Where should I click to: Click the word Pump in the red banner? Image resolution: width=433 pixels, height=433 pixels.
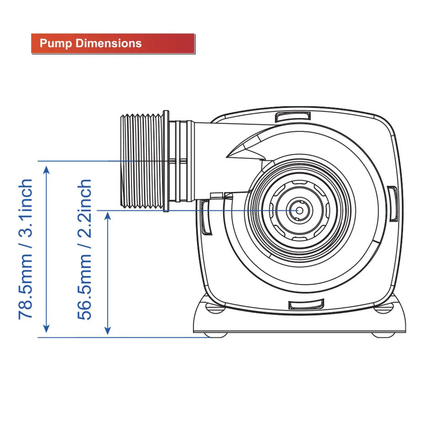56,44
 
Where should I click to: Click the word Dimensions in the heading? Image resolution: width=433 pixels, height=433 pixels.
109,44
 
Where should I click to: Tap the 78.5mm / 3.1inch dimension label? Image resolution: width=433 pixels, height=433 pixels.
25,249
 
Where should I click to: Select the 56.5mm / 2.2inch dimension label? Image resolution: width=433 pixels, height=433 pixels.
84,249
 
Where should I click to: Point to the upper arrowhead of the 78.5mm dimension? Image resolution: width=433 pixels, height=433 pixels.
46,170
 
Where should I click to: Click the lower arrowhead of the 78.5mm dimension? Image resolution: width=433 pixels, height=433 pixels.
46,329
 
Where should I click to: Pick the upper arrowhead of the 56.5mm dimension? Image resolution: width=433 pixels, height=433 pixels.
108,216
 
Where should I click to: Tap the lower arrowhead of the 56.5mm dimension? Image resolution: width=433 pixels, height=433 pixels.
108,330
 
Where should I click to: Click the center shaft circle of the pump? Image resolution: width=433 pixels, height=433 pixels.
299,211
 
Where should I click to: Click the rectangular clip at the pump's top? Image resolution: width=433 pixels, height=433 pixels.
293,116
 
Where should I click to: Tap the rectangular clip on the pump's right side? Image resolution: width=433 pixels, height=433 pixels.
392,204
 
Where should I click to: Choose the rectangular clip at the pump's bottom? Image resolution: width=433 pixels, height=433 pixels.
306,304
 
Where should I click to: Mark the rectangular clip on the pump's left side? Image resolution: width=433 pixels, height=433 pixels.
206,217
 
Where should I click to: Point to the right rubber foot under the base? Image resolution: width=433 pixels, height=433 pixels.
384,335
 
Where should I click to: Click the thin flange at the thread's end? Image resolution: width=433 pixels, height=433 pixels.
166,161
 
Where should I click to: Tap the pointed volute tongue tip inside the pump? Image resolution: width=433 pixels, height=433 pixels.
227,157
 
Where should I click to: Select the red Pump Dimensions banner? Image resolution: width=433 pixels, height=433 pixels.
113,44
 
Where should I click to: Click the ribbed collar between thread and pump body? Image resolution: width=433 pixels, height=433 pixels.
181,161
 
